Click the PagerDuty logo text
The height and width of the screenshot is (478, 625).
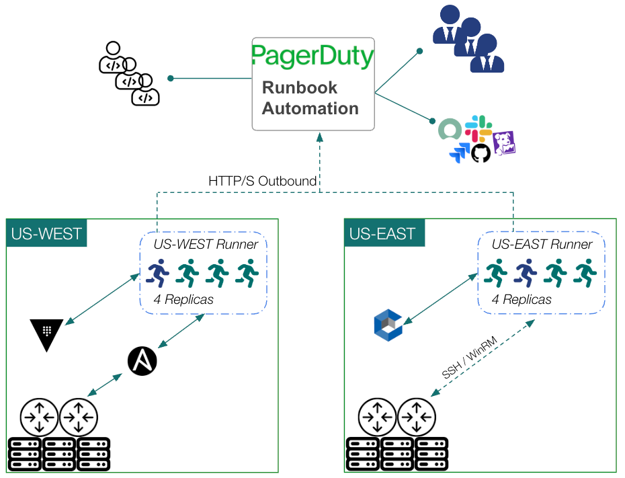click(312, 56)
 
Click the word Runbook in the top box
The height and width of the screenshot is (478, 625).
click(300, 87)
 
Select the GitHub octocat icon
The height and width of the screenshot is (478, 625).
click(481, 153)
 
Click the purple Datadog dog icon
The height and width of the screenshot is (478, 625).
click(503, 143)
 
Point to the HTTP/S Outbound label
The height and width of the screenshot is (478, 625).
click(263, 182)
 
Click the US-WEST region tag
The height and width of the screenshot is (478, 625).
click(46, 234)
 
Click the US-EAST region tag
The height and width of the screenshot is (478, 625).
click(383, 234)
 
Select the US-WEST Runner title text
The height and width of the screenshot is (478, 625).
click(205, 245)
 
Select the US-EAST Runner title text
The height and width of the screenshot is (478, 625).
click(542, 245)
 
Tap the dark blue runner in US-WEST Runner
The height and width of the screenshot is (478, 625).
click(159, 272)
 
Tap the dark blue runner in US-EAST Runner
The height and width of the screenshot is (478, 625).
click(526, 272)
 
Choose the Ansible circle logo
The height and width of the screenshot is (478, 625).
click(142, 362)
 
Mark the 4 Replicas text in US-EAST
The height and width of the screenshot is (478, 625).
click(522, 300)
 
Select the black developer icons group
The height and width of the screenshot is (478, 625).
click(129, 74)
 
